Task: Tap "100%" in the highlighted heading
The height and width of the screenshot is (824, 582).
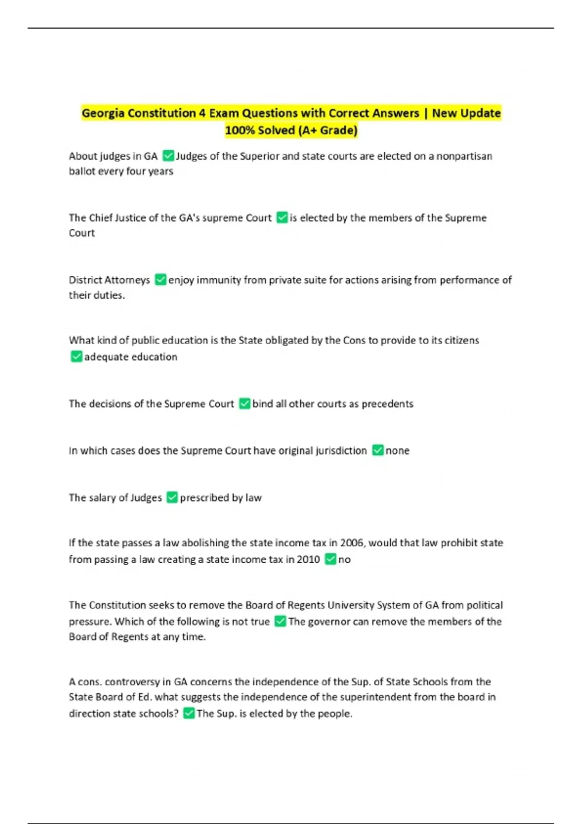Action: point(240,130)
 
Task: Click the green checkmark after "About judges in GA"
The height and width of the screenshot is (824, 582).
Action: point(168,156)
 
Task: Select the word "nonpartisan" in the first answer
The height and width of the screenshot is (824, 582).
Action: point(464,156)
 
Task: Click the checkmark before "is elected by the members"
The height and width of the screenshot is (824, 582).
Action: point(282,218)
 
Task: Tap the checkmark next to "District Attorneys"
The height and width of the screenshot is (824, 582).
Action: point(161,280)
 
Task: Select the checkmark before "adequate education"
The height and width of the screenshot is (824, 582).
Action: point(77,357)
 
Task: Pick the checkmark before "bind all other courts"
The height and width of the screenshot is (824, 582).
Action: point(245,404)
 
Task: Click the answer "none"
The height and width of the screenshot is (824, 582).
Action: point(397,451)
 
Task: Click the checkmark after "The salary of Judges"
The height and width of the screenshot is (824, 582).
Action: point(172,498)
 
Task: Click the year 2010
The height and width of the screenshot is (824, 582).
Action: point(308,559)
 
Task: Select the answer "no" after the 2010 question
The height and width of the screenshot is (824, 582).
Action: point(344,559)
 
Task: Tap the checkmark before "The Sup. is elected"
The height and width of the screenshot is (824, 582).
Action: point(189,713)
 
